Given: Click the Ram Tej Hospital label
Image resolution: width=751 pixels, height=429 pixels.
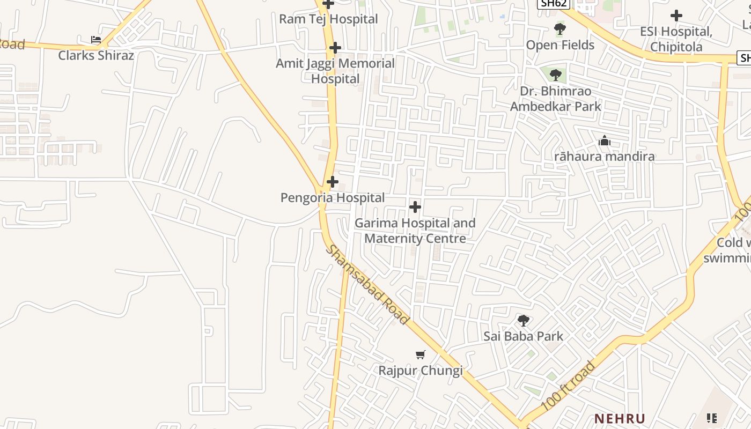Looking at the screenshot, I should pyautogui.click(x=328, y=19).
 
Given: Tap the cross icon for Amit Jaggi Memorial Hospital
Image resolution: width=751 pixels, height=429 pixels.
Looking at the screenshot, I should pyautogui.click(x=335, y=48).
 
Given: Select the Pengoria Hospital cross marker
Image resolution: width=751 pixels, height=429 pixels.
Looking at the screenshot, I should pyautogui.click(x=333, y=182).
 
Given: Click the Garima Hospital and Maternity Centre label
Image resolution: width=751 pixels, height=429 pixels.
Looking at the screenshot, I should pyautogui.click(x=415, y=231).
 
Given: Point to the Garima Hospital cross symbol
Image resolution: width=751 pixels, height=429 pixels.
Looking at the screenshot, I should pyautogui.click(x=415, y=206).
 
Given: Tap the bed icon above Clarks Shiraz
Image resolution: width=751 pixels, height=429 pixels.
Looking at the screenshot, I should pyautogui.click(x=96, y=40).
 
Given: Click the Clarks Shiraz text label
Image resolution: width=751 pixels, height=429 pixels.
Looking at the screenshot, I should pyautogui.click(x=96, y=55).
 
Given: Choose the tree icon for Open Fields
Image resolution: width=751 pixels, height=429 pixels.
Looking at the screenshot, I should pyautogui.click(x=560, y=29).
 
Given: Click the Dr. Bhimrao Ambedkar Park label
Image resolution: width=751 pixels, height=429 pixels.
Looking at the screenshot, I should pyautogui.click(x=556, y=99).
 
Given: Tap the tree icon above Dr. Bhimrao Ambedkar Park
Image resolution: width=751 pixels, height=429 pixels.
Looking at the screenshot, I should pyautogui.click(x=556, y=75).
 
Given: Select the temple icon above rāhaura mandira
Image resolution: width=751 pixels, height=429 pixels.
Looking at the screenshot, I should pyautogui.click(x=605, y=141).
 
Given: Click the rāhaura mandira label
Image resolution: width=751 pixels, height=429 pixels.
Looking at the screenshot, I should pyautogui.click(x=605, y=157).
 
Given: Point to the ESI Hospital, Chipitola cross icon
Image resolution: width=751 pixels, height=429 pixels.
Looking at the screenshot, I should pyautogui.click(x=676, y=16).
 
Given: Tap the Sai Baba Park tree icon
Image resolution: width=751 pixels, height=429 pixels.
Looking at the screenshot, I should pyautogui.click(x=524, y=321).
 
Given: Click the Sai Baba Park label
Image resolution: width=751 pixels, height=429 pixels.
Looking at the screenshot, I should pyautogui.click(x=524, y=336).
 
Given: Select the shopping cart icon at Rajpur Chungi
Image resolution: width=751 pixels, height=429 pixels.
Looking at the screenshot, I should pyautogui.click(x=421, y=354).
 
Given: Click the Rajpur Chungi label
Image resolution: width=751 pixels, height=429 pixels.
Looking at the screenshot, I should pyautogui.click(x=421, y=371).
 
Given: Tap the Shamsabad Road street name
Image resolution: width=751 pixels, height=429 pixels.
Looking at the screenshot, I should pyautogui.click(x=368, y=285).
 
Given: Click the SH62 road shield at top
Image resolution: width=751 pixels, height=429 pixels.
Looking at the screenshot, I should pyautogui.click(x=553, y=4).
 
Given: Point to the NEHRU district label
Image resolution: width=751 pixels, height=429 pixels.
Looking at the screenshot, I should pyautogui.click(x=620, y=418).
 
